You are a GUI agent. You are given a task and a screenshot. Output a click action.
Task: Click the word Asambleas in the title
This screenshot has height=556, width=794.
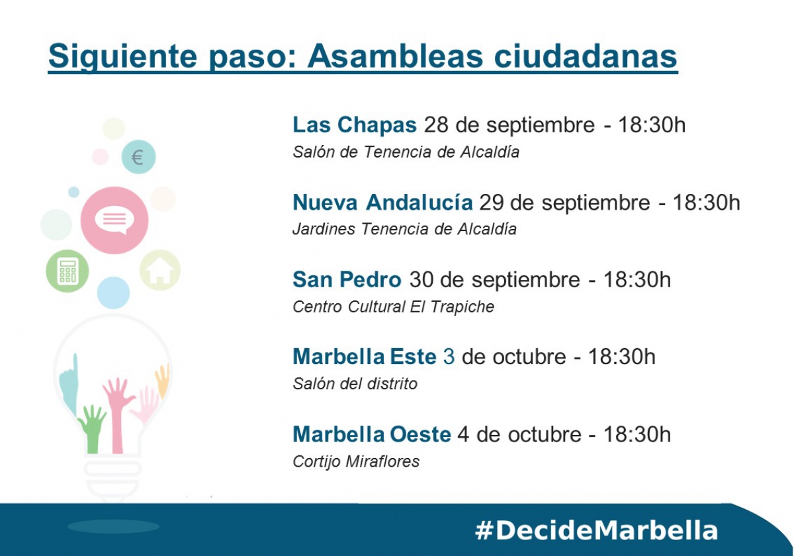395,56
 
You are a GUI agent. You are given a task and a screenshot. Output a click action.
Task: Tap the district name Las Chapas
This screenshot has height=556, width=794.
355,125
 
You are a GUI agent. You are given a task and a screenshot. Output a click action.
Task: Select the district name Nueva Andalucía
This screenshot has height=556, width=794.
382,202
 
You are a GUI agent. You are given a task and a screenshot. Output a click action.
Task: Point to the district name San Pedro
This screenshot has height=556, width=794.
347,279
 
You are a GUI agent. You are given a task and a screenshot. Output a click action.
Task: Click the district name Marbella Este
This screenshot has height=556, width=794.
365,356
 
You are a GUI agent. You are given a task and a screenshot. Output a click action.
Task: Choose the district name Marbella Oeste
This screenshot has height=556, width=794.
372,434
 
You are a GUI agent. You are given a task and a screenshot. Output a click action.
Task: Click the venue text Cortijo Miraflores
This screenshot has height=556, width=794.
356,462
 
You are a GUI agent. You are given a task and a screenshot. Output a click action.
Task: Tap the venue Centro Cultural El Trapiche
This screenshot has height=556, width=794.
393,306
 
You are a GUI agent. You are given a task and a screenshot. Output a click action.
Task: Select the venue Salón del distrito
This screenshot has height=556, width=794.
355,384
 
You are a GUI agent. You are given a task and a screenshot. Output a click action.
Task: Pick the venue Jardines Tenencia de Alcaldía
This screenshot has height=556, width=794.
404,229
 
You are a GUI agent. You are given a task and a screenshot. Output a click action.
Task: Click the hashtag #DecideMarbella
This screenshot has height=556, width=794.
596,531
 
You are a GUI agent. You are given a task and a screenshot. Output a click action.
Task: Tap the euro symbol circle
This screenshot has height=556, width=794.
138,157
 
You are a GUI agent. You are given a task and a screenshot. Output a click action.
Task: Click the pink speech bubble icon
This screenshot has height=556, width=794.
114,220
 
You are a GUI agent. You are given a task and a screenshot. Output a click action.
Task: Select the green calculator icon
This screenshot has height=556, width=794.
67,271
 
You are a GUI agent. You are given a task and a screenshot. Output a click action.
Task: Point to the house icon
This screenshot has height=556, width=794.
160,270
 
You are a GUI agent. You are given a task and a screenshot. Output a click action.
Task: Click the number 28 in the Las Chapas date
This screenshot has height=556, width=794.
435,125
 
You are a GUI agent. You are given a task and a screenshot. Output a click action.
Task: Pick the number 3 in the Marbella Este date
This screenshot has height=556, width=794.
449,356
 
